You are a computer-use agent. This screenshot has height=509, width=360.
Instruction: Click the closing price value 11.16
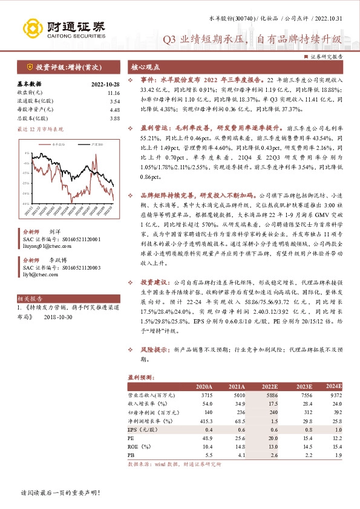114,92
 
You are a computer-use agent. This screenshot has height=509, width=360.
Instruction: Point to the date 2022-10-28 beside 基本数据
106,84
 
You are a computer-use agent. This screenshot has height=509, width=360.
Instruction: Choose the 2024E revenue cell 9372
335,395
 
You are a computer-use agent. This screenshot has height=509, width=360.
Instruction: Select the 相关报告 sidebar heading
31,298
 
